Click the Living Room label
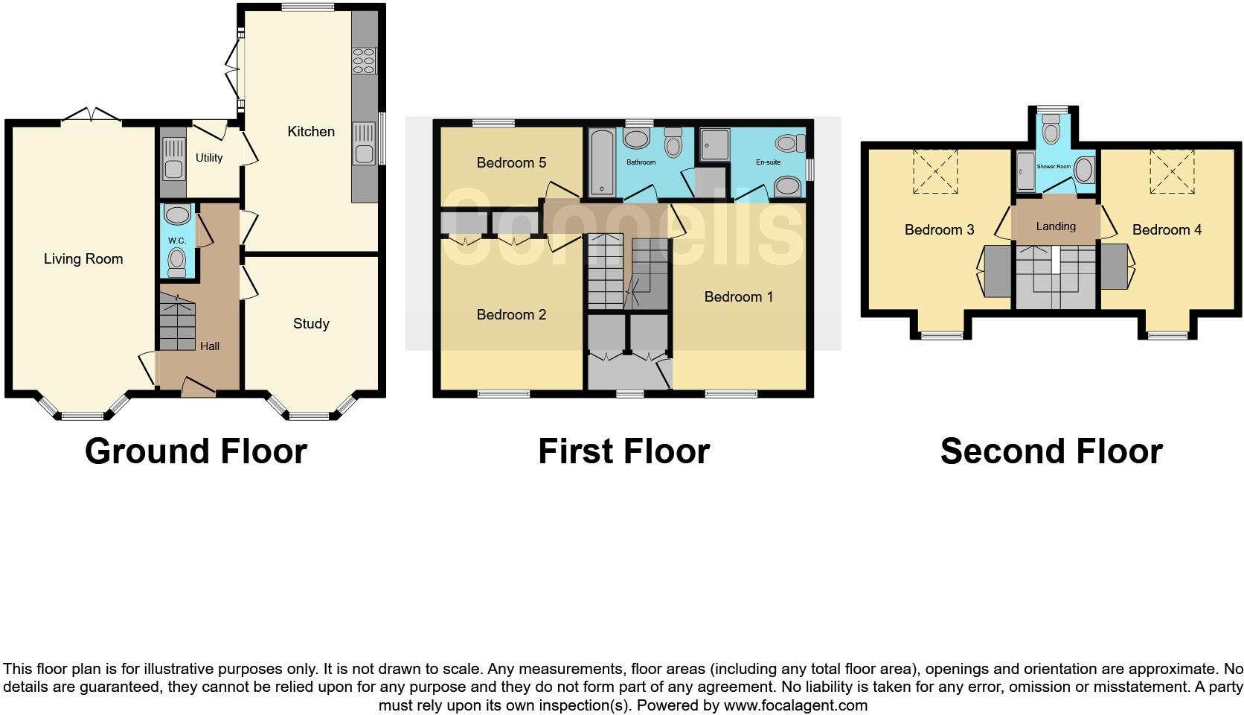tap(83, 259)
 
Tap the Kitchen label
tap(311, 132)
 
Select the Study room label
tap(311, 324)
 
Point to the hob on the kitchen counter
tap(365, 60)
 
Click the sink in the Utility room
tap(173, 168)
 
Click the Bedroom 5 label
tap(511, 162)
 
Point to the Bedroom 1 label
tap(738, 297)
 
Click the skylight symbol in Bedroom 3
tap(935, 171)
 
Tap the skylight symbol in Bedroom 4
tap(1172, 171)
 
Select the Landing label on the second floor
tap(1055, 226)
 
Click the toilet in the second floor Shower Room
tap(1051, 132)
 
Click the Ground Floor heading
tap(196, 451)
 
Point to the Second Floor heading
tap(1051, 451)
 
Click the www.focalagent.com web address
tap(795, 705)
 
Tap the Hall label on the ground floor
tap(210, 346)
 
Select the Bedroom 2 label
tap(511, 315)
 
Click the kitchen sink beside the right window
tap(365, 151)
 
